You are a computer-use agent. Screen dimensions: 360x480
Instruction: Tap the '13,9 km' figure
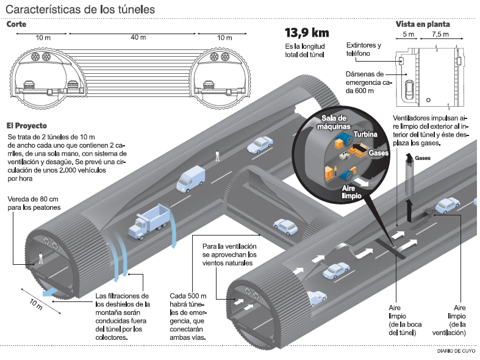[x=307, y=33]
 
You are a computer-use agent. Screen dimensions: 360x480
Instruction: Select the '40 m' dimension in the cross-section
[x=138, y=38]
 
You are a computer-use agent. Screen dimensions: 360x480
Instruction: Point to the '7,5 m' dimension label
[x=441, y=35]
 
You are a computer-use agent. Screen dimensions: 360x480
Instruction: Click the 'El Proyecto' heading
[x=28, y=124]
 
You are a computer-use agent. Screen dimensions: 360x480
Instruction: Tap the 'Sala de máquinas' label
[x=334, y=122]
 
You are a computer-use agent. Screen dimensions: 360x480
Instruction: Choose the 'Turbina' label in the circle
[x=365, y=134]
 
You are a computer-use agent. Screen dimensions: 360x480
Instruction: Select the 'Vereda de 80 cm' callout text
[x=34, y=204]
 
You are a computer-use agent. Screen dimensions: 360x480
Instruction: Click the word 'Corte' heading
[x=16, y=24]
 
